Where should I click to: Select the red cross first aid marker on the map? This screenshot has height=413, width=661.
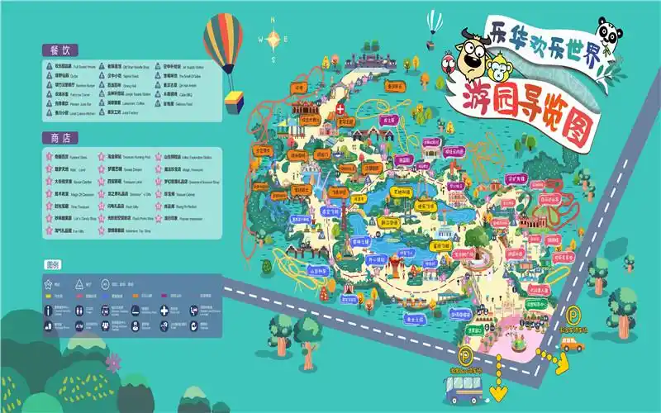click(340, 107)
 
